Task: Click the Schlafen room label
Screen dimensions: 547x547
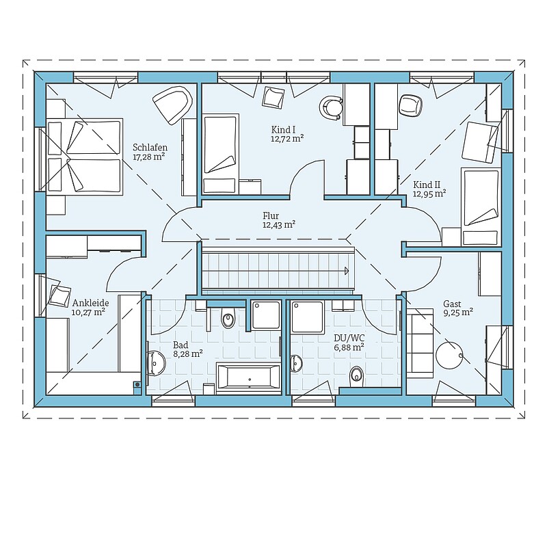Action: pyautogui.click(x=150, y=148)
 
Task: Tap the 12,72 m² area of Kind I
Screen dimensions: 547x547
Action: pyautogui.click(x=286, y=139)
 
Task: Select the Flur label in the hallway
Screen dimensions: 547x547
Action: pyautogui.click(x=271, y=215)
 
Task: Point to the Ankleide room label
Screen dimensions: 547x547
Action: pyautogui.click(x=90, y=303)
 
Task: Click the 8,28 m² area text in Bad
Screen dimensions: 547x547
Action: pyautogui.click(x=188, y=354)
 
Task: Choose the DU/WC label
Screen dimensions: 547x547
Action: pyautogui.click(x=349, y=338)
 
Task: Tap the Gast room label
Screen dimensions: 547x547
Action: pyautogui.click(x=452, y=304)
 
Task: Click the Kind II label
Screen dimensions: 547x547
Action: pyautogui.click(x=427, y=185)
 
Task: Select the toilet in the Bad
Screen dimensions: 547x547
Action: pyautogui.click(x=228, y=317)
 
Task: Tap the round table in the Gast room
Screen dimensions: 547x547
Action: pyautogui.click(x=449, y=355)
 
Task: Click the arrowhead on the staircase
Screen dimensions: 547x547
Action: pyautogui.click(x=346, y=271)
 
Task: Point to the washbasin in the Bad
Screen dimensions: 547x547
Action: pyautogui.click(x=157, y=363)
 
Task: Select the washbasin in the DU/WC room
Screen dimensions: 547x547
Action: pyautogui.click(x=295, y=363)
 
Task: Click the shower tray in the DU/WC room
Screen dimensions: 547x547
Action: pyautogui.click(x=307, y=317)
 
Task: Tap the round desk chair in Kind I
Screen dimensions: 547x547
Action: pyautogui.click(x=331, y=107)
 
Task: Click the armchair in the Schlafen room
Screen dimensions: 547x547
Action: pyautogui.click(x=173, y=105)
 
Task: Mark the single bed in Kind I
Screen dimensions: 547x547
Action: pyautogui.click(x=221, y=154)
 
